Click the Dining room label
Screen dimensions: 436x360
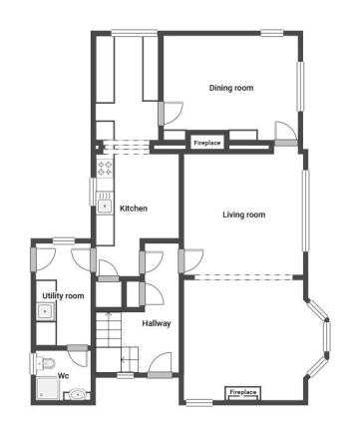click(x=230, y=88)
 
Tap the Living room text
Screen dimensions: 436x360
click(x=243, y=215)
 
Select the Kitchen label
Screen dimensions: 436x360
click(x=134, y=209)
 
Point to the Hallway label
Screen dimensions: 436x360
click(x=157, y=323)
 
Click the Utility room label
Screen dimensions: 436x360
click(x=62, y=295)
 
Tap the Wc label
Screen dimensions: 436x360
click(x=63, y=376)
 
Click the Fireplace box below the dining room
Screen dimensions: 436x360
click(x=206, y=143)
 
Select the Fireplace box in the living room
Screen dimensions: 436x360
click(x=243, y=393)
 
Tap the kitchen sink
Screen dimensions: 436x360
click(x=105, y=207)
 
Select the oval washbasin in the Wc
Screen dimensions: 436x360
click(x=78, y=395)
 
